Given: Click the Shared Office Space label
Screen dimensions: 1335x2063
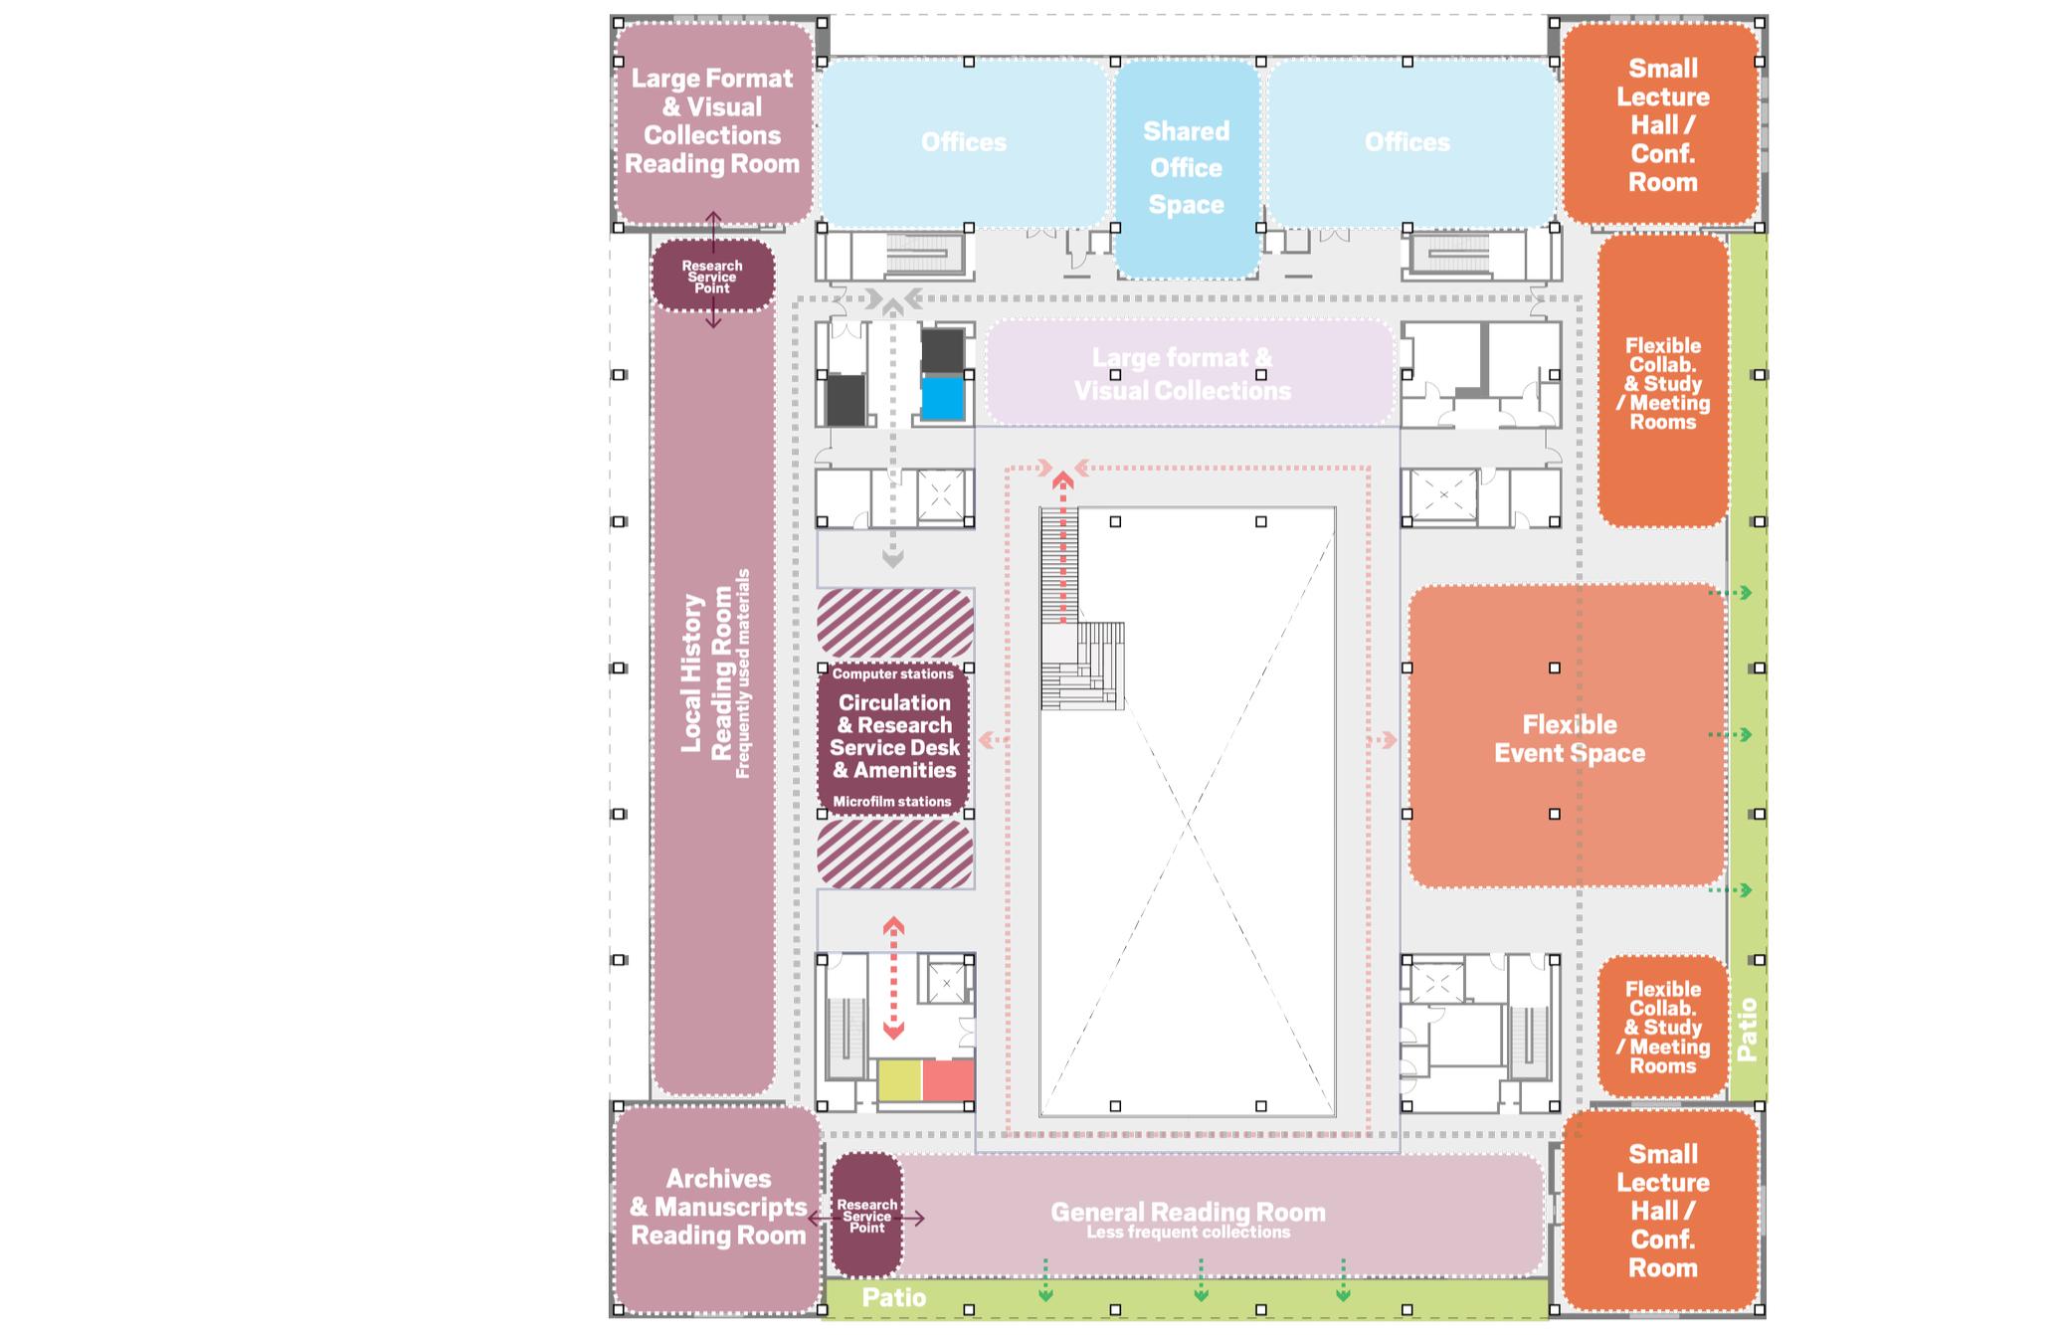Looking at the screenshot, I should [1186, 167].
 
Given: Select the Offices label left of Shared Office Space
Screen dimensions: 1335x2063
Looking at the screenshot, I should [963, 142].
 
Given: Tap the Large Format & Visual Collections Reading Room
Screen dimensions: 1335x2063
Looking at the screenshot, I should [712, 121].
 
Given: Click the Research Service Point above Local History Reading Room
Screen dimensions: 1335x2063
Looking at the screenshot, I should [712, 277].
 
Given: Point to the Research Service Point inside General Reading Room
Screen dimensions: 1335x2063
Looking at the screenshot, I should [866, 1216].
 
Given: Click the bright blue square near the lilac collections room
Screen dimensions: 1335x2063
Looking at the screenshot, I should [943, 398].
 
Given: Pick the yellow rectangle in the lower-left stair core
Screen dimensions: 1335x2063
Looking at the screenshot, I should [899, 1080].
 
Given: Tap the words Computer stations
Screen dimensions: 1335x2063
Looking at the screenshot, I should [893, 673].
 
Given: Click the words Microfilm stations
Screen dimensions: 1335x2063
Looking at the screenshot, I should [892, 801].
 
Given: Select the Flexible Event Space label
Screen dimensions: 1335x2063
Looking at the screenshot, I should [1569, 738].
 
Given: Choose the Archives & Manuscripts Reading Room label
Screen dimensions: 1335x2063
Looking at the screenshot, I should [718, 1207].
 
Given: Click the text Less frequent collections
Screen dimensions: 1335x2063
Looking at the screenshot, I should [1188, 1233].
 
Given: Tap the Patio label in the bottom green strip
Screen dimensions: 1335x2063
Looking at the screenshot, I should [893, 1297].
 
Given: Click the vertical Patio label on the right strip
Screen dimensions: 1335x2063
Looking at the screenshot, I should [1747, 1030].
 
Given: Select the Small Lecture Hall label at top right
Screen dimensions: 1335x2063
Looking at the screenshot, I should [1662, 125].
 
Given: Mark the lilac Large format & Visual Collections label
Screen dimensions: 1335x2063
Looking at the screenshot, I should [1182, 374].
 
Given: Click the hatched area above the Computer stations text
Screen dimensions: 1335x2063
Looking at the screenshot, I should [894, 622].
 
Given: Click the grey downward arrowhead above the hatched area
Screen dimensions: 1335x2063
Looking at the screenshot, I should [893, 559].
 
